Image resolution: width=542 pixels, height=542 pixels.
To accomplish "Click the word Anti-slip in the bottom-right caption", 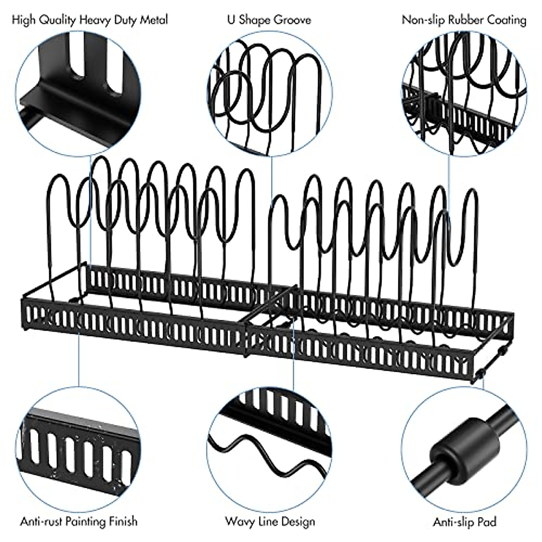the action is tap(452, 522).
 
